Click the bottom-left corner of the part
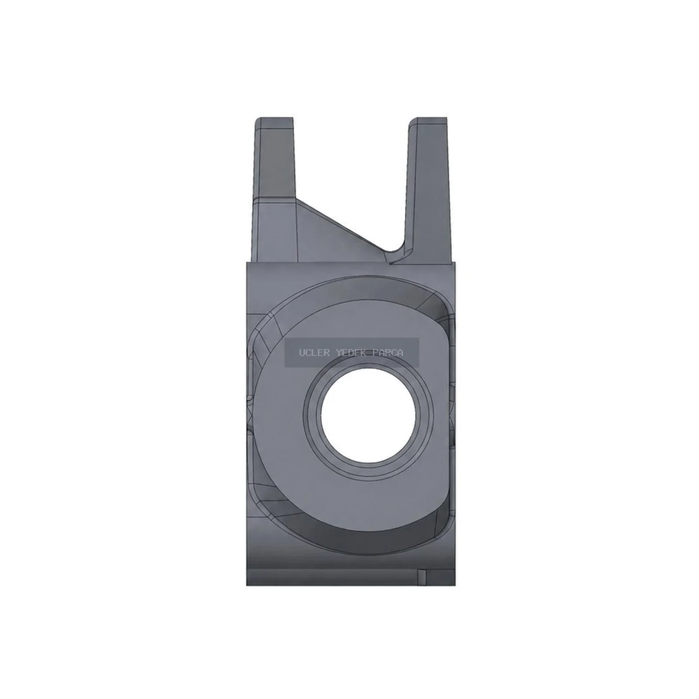point(246,585)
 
